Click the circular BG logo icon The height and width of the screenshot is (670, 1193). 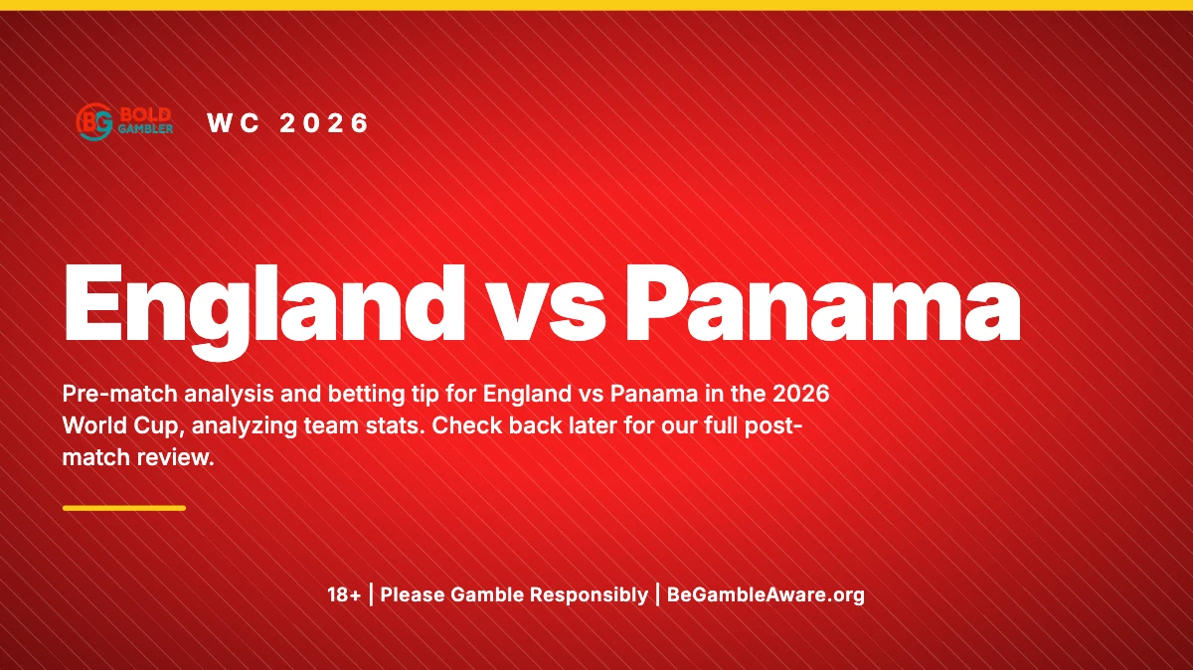[94, 122]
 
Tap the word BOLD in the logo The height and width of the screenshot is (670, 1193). [145, 115]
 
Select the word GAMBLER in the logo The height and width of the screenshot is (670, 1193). [145, 129]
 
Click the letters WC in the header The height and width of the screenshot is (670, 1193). [233, 123]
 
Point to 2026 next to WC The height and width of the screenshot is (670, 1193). [324, 123]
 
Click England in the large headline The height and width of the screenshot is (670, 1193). [264, 309]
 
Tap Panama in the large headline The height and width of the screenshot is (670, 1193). [823, 302]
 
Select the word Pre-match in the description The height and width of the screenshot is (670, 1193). [119, 394]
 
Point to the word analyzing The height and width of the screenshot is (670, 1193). [244, 426]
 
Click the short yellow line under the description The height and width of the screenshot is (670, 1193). [124, 508]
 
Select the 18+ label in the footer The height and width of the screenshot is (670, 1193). [344, 594]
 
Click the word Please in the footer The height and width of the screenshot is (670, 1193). [412, 594]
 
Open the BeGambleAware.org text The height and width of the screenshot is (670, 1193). [766, 595]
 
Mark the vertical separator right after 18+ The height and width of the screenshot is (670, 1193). [371, 594]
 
